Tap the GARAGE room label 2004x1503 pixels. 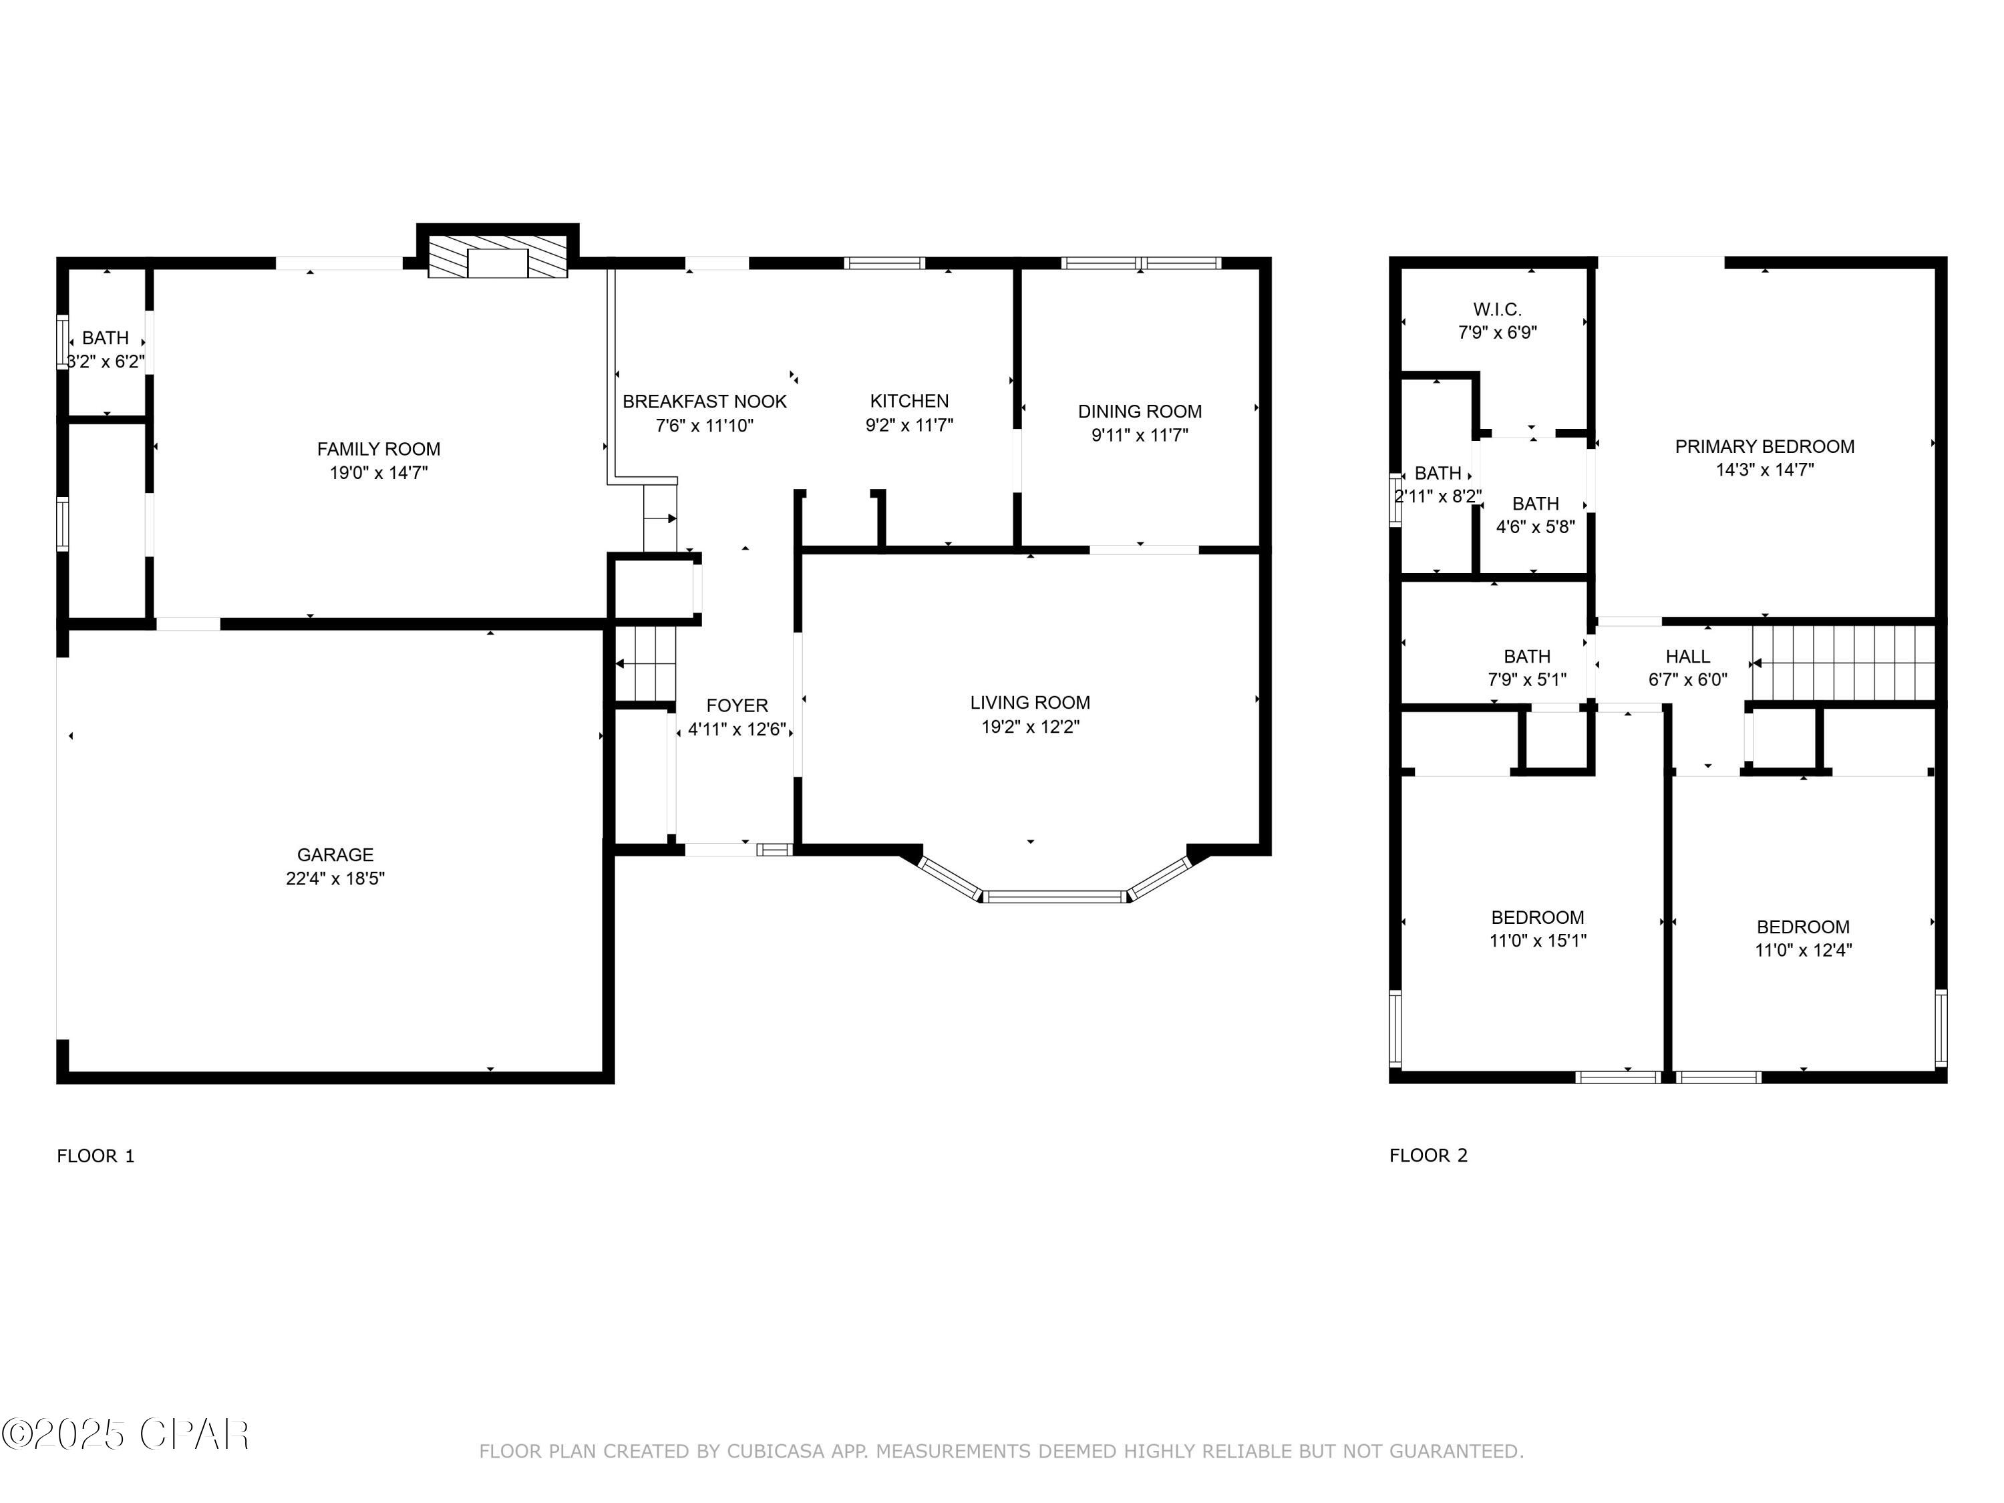[x=335, y=854]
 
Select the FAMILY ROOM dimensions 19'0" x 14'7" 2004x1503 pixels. [x=379, y=472]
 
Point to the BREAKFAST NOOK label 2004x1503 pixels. [x=705, y=401]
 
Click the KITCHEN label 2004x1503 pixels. [x=910, y=401]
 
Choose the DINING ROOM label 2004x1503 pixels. [x=1140, y=411]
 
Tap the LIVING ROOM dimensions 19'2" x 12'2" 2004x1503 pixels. [x=1030, y=727]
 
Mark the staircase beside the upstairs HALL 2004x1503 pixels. [x=1844, y=664]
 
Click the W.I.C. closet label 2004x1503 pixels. [x=1498, y=310]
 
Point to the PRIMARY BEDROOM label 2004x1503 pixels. [x=1765, y=447]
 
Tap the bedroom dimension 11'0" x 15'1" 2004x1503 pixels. [x=1538, y=941]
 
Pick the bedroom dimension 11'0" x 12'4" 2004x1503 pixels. [x=1803, y=951]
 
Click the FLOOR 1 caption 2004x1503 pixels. [x=95, y=1156]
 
